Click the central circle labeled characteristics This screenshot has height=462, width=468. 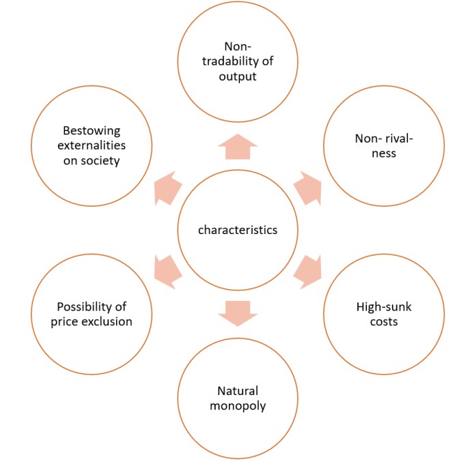coord(238,230)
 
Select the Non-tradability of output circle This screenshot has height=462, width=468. coord(238,61)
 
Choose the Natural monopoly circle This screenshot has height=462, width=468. coord(238,399)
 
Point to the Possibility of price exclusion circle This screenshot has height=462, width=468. coord(92,314)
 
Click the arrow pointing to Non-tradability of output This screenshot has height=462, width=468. coord(238,146)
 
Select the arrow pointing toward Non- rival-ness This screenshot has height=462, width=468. coord(309,188)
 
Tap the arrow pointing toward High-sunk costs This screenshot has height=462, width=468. coord(309,271)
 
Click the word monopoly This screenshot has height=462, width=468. coord(238,406)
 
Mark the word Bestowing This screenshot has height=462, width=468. coord(92,130)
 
